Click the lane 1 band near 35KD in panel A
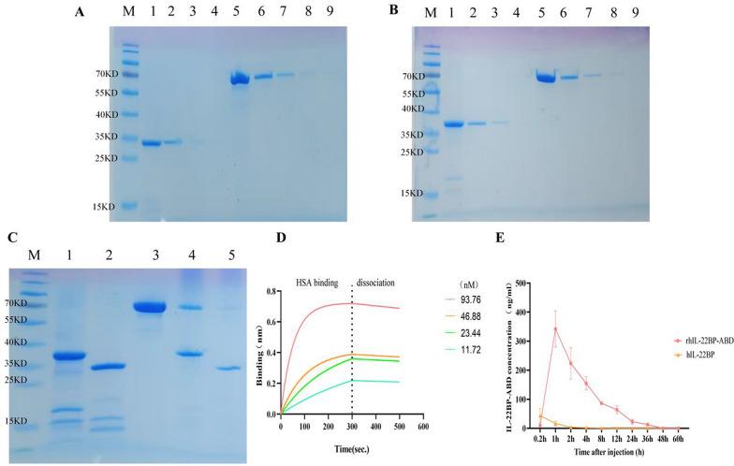pos(151,143)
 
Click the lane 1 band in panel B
pos(454,124)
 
